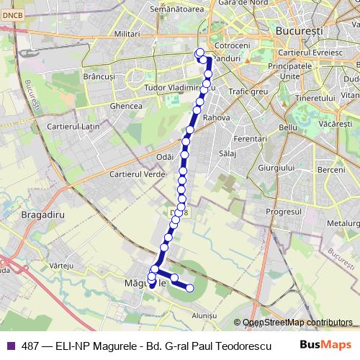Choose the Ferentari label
pyautogui.click(x=251, y=138)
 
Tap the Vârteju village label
pyautogui.click(x=63, y=266)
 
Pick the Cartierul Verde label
pyautogui.click(x=133, y=174)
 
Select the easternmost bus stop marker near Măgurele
pyautogui.click(x=190, y=288)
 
